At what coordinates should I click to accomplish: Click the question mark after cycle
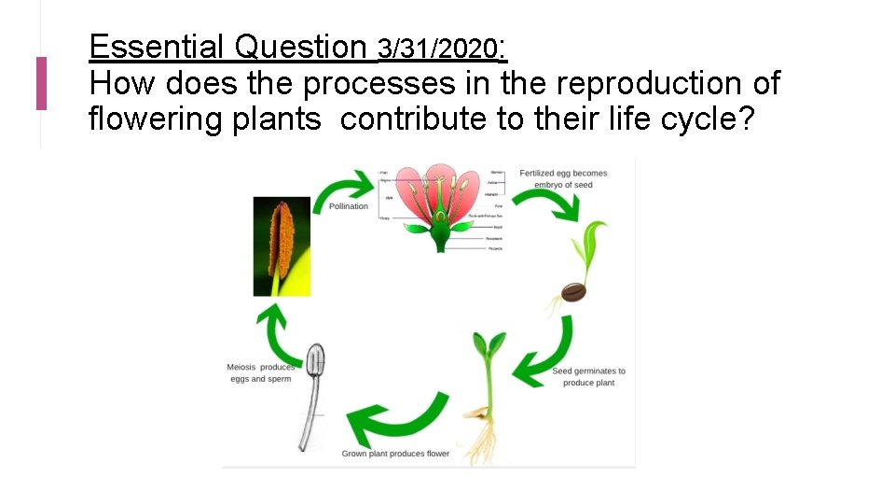click(x=743, y=119)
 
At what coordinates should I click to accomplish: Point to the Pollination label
click(x=349, y=206)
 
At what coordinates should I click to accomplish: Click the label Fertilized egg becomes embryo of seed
click(x=563, y=178)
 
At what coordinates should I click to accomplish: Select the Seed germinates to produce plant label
click(x=588, y=376)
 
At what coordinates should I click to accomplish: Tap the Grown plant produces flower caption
click(x=395, y=454)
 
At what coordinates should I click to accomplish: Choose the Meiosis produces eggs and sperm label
click(x=260, y=372)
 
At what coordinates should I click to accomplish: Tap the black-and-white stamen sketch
click(x=311, y=392)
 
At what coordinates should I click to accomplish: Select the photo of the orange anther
click(x=282, y=246)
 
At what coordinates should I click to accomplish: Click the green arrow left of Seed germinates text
click(x=544, y=354)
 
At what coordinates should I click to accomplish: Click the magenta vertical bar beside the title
click(x=41, y=83)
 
